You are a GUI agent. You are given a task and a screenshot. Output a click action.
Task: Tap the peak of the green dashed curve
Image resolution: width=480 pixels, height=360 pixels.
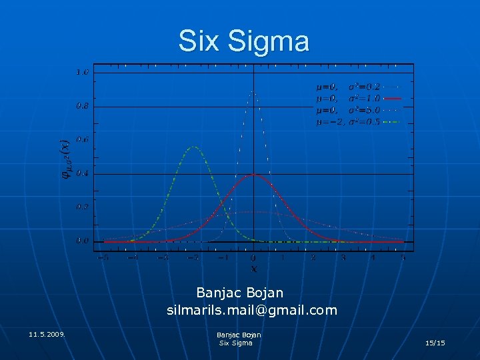click(193, 147)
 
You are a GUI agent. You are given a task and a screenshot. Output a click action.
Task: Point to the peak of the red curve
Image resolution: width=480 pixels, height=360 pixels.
click(253, 174)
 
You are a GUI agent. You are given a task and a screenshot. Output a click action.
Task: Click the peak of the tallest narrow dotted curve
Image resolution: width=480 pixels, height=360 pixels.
click(253, 91)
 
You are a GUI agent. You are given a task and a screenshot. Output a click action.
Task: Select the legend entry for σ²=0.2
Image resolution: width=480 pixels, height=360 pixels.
click(357, 87)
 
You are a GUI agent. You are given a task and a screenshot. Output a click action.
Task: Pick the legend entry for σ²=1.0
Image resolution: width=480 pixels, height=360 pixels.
click(357, 98)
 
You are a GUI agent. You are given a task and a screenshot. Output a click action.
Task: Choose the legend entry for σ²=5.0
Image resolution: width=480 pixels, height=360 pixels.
click(357, 110)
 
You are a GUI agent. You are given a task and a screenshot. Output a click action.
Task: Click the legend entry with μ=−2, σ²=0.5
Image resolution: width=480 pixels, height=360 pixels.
click(357, 122)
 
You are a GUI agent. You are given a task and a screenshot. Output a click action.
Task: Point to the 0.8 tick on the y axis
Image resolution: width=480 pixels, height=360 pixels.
click(82, 105)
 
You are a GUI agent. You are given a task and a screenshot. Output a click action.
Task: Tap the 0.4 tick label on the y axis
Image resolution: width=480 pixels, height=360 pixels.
click(82, 173)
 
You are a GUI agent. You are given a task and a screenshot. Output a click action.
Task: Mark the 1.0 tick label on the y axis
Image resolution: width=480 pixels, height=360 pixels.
click(82, 72)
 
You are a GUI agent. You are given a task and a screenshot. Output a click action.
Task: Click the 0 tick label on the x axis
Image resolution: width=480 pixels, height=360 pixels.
click(253, 258)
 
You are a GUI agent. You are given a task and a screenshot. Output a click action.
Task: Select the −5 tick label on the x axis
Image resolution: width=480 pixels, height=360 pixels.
click(103, 257)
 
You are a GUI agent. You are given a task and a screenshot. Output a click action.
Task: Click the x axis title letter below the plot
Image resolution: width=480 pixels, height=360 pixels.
click(253, 269)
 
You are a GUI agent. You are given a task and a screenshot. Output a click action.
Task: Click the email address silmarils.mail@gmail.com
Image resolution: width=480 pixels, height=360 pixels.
click(252, 310)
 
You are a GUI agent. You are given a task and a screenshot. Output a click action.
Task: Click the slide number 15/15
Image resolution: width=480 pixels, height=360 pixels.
click(435, 343)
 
